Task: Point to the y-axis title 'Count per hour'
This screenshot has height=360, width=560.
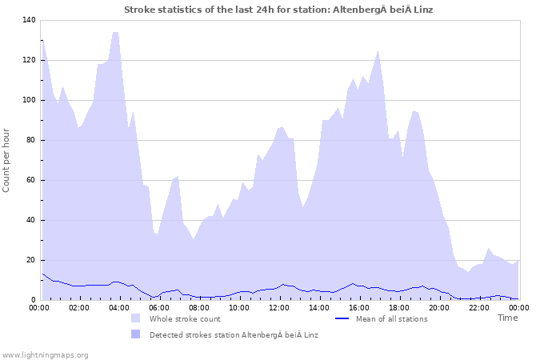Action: click(x=7, y=160)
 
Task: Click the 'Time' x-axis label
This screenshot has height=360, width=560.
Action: click(x=507, y=318)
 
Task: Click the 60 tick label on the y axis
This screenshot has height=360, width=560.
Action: click(x=30, y=180)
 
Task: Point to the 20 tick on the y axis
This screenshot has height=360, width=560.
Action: click(x=30, y=260)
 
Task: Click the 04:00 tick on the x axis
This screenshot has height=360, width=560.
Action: click(x=119, y=307)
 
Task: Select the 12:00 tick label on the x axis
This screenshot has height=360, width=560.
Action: click(x=279, y=307)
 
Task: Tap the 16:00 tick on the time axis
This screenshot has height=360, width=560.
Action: click(x=359, y=307)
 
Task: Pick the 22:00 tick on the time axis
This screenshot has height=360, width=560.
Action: click(x=479, y=307)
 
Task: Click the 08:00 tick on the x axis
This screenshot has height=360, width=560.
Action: click(x=199, y=307)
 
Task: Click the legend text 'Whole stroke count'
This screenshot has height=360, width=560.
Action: click(x=185, y=318)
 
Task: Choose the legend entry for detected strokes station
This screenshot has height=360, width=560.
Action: click(x=234, y=334)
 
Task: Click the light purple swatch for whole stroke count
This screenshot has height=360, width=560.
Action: click(x=135, y=318)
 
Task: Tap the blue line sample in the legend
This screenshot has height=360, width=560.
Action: click(x=342, y=318)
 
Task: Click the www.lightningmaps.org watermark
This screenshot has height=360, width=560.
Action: click(x=45, y=354)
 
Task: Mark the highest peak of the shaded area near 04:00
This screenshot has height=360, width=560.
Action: click(x=116, y=32)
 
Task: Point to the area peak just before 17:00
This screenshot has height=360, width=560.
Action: click(x=378, y=50)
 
